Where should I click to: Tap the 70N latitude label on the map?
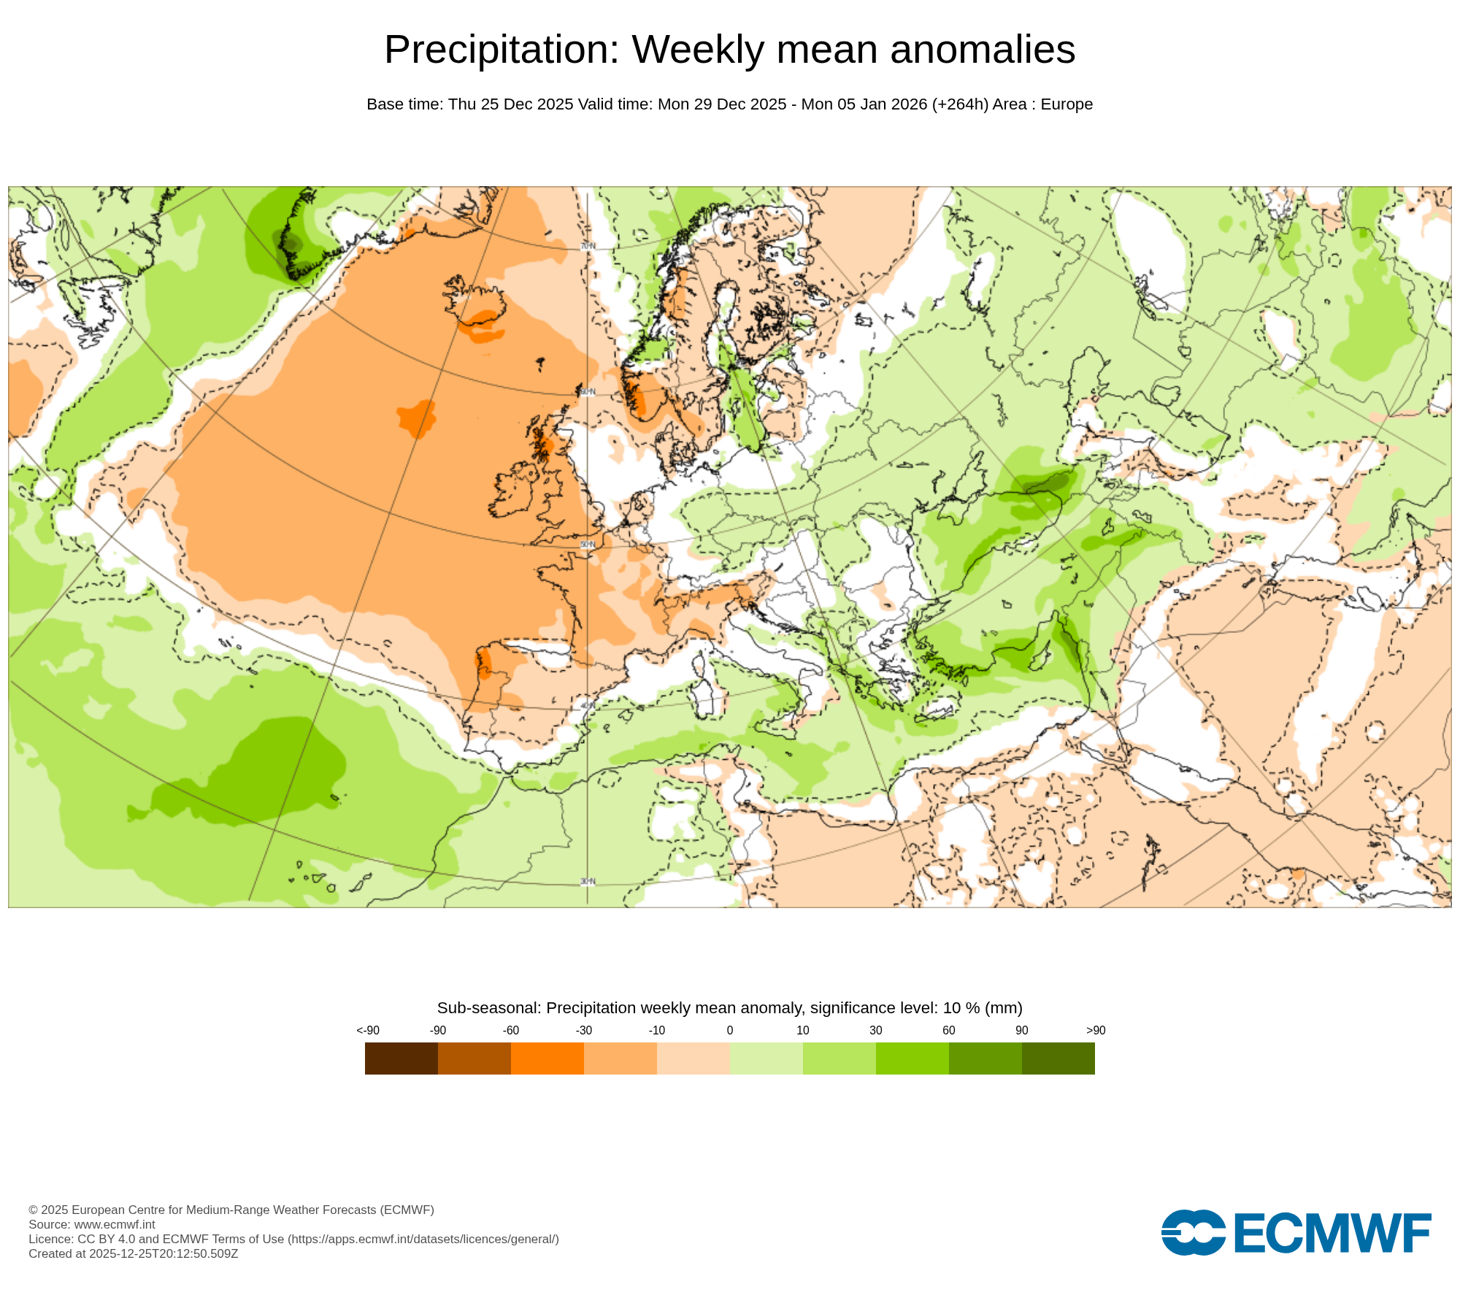[588, 247]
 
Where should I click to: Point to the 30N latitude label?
[588, 882]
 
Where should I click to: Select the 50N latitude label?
[588, 545]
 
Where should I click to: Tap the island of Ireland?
[517, 489]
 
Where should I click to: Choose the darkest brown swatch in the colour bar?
[401, 1058]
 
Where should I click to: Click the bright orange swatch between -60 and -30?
[547, 1058]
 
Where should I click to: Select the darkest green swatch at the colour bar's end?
[1058, 1058]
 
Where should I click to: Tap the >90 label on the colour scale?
[1095, 1030]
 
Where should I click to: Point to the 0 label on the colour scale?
[729, 1030]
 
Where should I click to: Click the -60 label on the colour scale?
[510, 1030]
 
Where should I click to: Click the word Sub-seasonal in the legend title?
[488, 1008]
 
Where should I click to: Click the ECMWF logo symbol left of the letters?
[1193, 1233]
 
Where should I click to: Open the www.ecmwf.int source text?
[115, 1224]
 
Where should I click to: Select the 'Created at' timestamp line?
[133, 1253]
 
